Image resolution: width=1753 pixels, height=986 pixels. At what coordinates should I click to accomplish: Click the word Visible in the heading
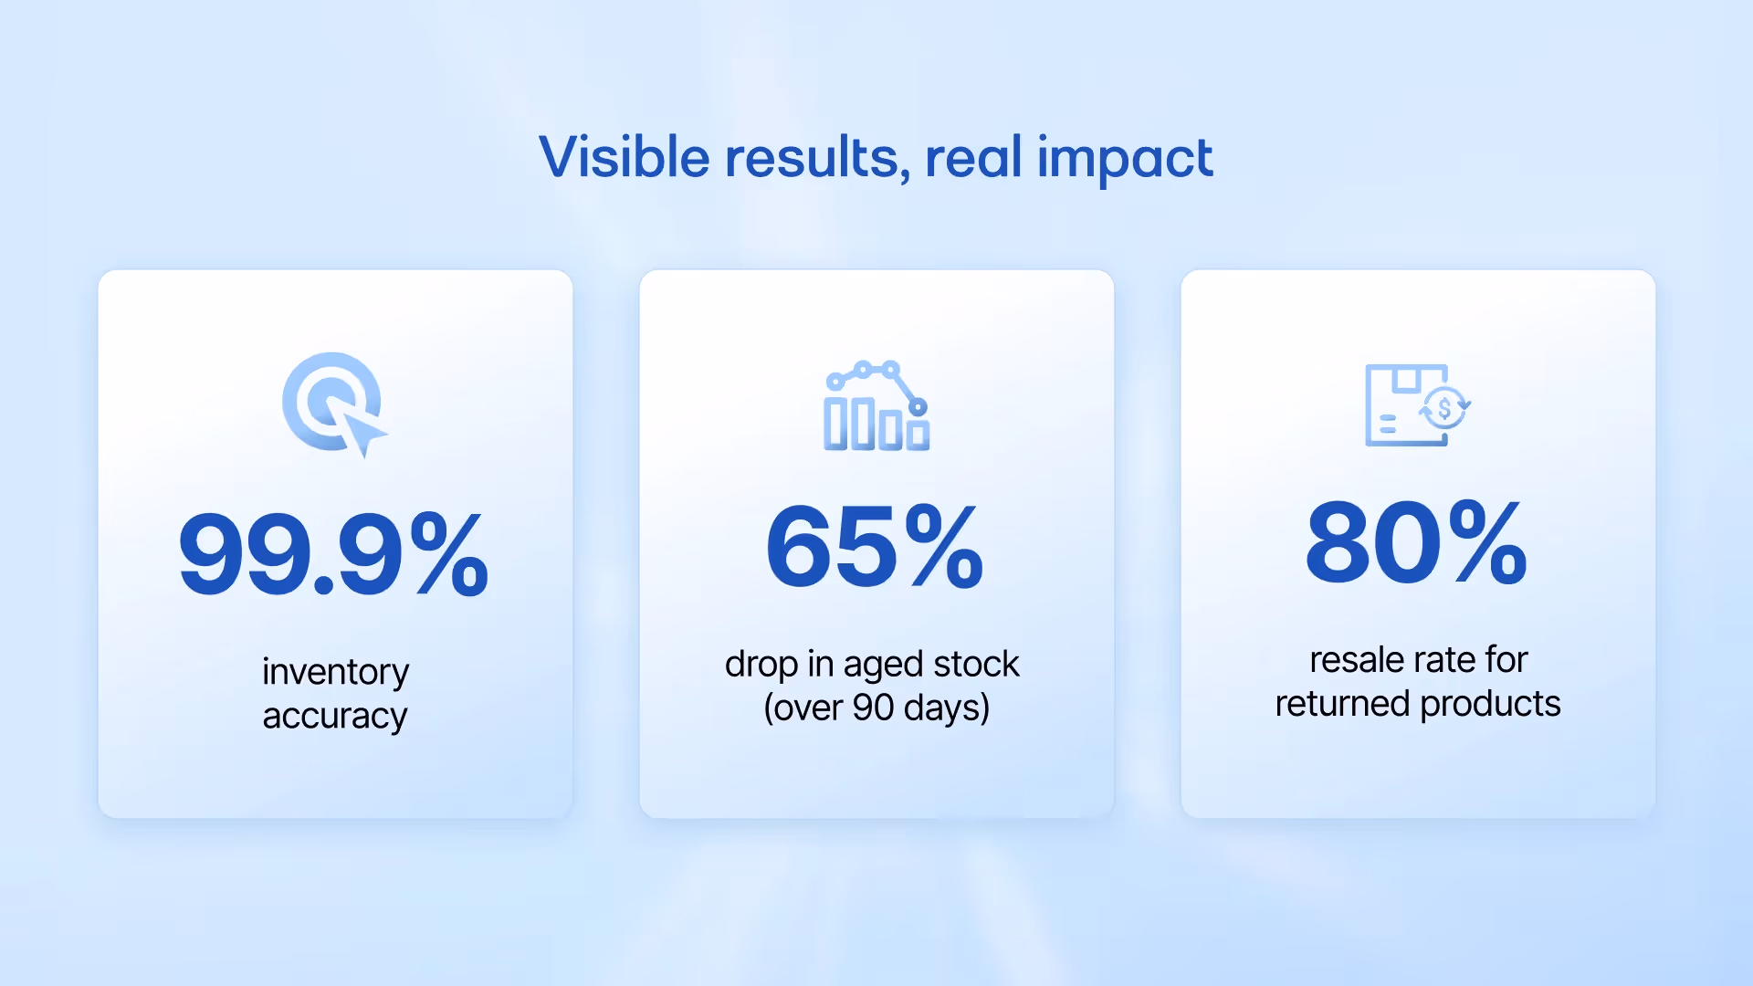625,157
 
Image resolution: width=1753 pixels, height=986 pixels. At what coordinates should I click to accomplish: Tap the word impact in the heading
1124,159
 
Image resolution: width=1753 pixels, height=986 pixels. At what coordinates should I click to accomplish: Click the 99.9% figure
334,554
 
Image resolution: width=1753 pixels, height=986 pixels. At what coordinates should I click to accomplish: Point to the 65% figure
875,546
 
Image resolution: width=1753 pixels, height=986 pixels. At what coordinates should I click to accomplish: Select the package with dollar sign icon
1416,405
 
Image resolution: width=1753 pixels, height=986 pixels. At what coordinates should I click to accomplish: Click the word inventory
335,672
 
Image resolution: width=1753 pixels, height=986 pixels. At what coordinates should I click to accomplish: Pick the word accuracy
334,716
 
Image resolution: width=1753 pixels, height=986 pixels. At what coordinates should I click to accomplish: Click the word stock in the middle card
976,664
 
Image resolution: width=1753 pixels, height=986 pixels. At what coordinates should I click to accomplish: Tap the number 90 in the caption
873,708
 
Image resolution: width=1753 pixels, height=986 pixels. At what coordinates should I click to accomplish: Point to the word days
946,708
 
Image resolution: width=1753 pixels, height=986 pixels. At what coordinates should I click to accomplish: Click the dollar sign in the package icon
1444,408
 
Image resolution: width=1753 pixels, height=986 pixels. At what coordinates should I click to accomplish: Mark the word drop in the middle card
761,665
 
